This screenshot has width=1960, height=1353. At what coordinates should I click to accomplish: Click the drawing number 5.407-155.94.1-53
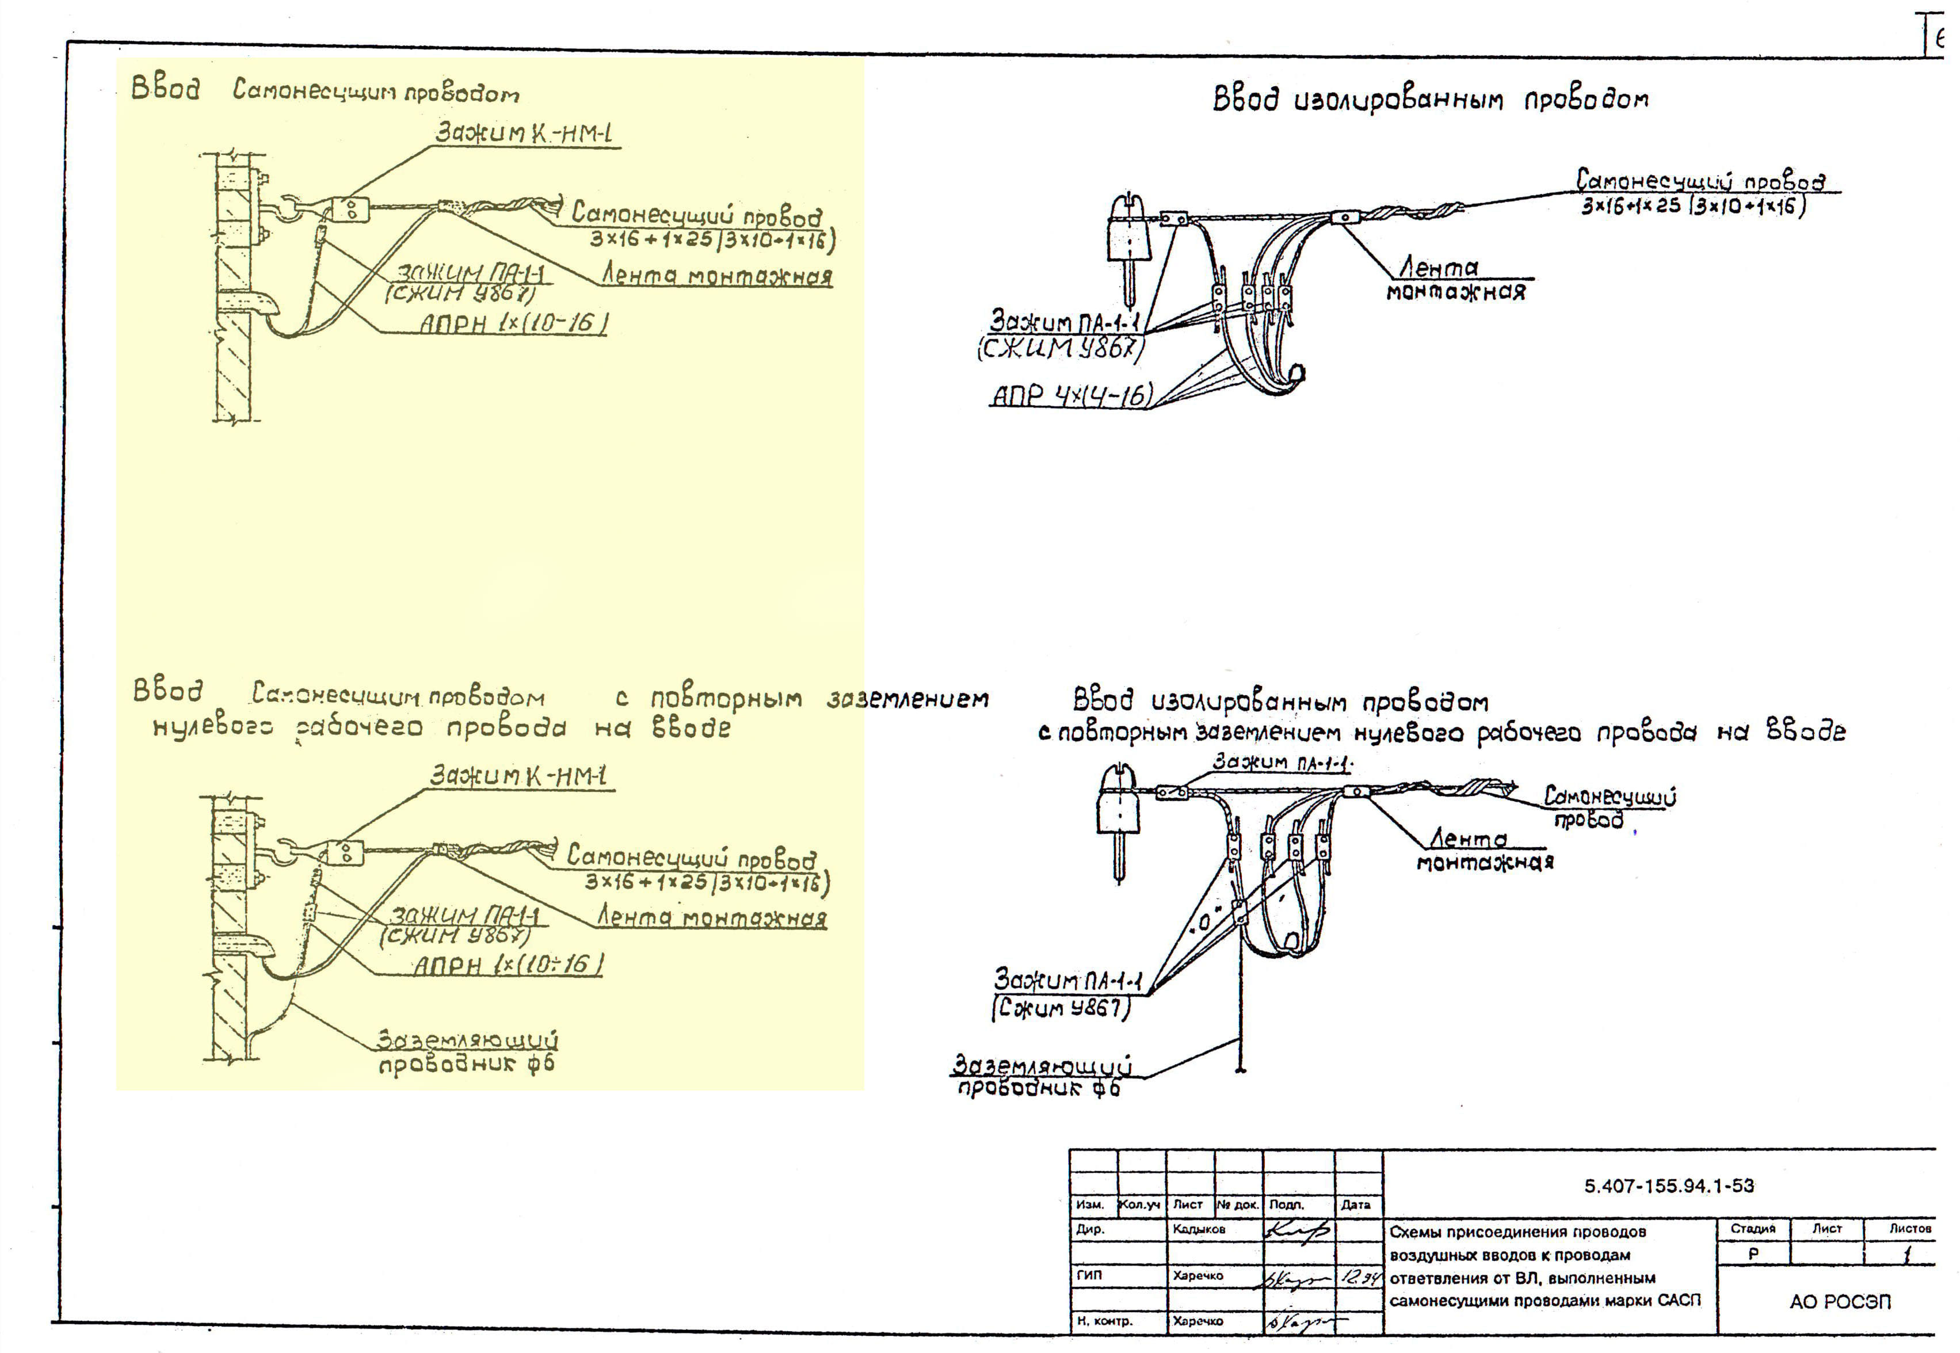(1668, 1186)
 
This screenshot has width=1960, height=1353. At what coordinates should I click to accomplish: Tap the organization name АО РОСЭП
(1840, 1301)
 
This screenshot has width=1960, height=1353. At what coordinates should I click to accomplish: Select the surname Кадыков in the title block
(1199, 1229)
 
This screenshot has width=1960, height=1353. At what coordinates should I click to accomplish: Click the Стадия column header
(1752, 1228)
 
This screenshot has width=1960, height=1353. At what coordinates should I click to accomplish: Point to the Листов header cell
(1909, 1228)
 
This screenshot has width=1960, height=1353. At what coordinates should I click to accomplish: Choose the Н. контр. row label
(1104, 1321)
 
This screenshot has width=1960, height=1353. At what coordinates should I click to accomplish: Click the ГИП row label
(1090, 1275)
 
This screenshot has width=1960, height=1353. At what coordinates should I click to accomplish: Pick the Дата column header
(1356, 1205)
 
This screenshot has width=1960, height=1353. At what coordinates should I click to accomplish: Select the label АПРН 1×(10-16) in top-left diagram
(513, 324)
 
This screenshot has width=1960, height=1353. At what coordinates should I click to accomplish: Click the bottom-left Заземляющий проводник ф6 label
(466, 1052)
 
